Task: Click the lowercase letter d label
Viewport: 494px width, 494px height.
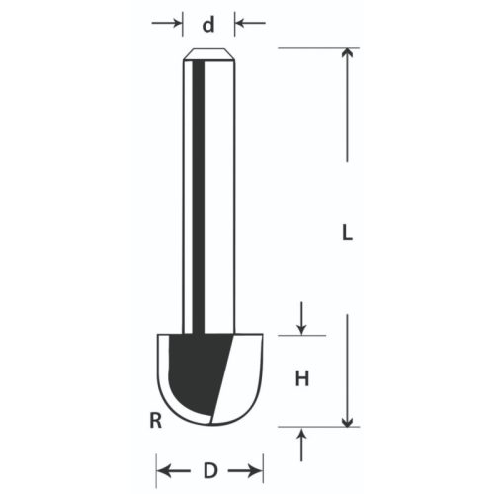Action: coord(208,25)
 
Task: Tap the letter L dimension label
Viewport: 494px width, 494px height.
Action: coord(347,234)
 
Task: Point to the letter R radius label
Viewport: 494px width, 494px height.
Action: coord(155,421)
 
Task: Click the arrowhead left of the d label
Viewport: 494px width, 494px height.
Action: coord(176,25)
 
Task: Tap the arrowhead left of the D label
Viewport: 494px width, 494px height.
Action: coord(165,468)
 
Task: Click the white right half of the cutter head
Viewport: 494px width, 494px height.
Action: coord(242,375)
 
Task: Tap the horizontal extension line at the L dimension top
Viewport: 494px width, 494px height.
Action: coord(311,46)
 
